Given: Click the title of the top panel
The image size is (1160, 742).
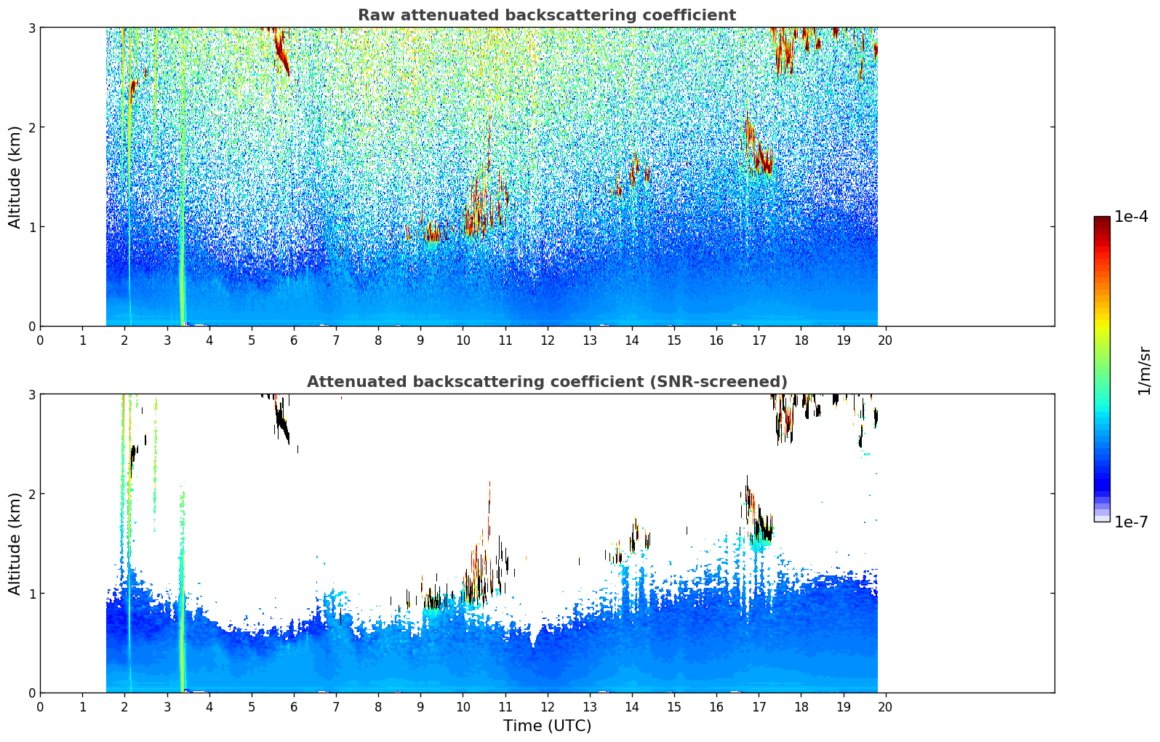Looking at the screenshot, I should click(x=546, y=15).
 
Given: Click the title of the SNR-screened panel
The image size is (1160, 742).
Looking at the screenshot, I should click(x=546, y=382).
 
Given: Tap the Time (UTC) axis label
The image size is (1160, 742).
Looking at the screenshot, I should click(x=547, y=726).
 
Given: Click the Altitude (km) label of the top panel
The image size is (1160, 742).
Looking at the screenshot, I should click(x=15, y=177).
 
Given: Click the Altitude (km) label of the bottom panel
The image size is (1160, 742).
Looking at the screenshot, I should click(x=15, y=543).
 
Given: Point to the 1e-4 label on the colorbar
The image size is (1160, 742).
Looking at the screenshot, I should click(x=1131, y=217).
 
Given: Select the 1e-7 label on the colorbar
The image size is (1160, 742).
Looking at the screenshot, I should click(x=1131, y=522).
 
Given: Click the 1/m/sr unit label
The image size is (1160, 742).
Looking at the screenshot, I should click(x=1144, y=371).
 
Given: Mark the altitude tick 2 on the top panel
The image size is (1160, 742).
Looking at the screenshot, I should click(x=31, y=127).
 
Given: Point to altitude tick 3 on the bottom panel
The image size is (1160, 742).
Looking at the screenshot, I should click(x=31, y=394).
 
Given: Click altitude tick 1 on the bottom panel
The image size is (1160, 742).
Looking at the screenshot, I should click(x=31, y=594).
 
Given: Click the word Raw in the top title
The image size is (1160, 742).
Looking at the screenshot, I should click(x=373, y=15).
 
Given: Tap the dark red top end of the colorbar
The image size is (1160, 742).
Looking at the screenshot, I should click(x=1102, y=220).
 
